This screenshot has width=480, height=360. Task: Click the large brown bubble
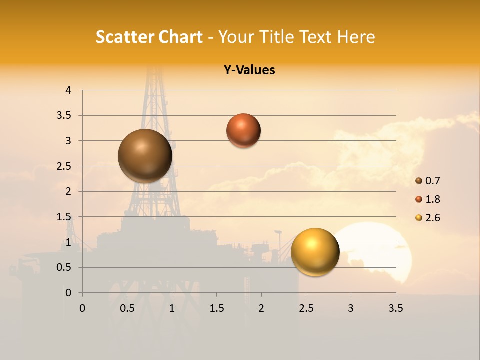(145, 156)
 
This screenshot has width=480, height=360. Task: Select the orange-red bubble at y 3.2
(243, 131)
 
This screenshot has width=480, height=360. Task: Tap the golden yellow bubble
(315, 252)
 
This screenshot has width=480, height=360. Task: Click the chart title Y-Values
(249, 70)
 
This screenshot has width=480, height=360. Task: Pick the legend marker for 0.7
(419, 181)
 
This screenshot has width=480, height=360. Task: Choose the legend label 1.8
(432, 199)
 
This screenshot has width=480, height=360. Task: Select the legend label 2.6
(432, 218)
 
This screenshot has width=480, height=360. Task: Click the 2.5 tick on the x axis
(306, 308)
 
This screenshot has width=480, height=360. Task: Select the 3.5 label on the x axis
(395, 308)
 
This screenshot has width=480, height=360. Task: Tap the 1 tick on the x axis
(172, 308)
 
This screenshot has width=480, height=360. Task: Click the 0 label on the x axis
(82, 308)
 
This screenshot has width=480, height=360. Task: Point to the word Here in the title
(356, 37)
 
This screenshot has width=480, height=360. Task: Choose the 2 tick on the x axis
(261, 308)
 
